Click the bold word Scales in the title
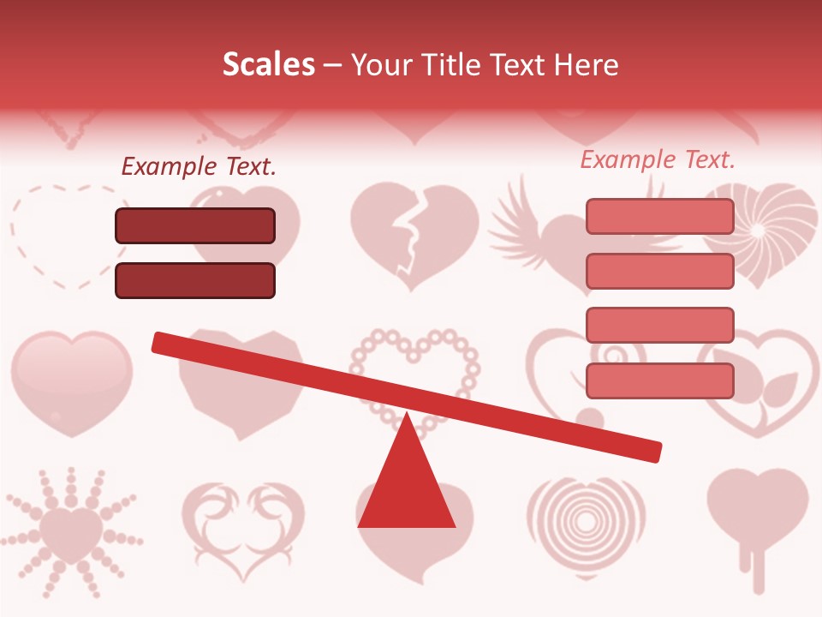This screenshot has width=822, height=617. point(269,65)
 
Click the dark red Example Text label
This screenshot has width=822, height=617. point(199,167)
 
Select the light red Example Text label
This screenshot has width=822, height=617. point(658,160)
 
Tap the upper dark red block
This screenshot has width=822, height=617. point(195,226)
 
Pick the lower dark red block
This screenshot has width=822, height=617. point(195,280)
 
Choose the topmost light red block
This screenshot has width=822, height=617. point(659,216)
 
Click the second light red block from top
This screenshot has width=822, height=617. point(659,271)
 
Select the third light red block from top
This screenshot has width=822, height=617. point(659,325)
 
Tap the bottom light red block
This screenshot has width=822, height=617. point(659,380)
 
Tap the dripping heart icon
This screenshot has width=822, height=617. point(757,514)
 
